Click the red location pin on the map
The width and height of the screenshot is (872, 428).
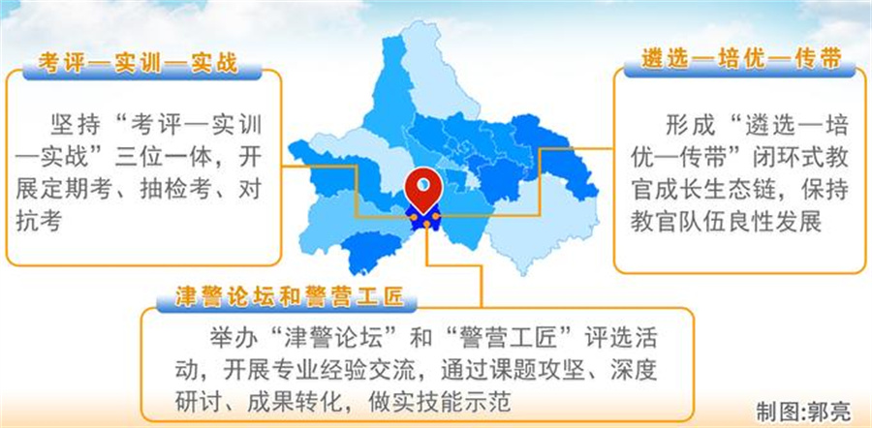(x=423, y=190)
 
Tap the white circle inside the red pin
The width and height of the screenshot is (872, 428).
(x=423, y=183)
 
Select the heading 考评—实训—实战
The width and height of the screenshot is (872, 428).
(x=138, y=63)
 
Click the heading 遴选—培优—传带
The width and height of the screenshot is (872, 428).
(x=741, y=59)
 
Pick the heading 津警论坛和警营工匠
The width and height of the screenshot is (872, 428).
(x=289, y=298)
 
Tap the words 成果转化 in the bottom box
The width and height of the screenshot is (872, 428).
(x=291, y=401)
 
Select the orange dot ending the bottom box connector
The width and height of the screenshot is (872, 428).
(x=426, y=224)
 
